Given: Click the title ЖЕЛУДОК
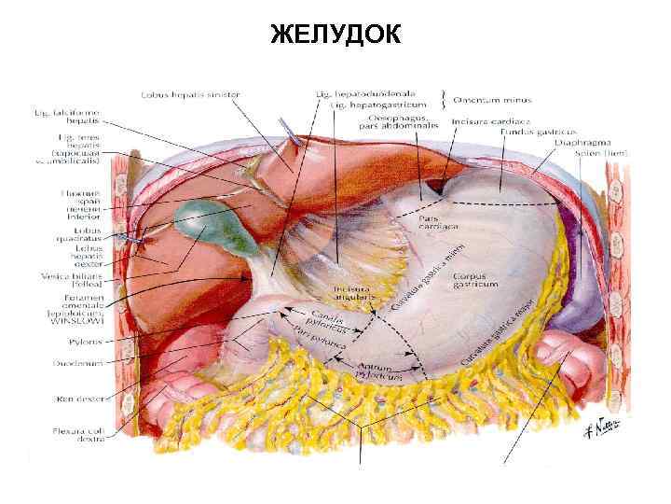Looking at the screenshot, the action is pos(335,35).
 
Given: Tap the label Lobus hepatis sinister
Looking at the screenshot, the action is pos(191,94).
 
